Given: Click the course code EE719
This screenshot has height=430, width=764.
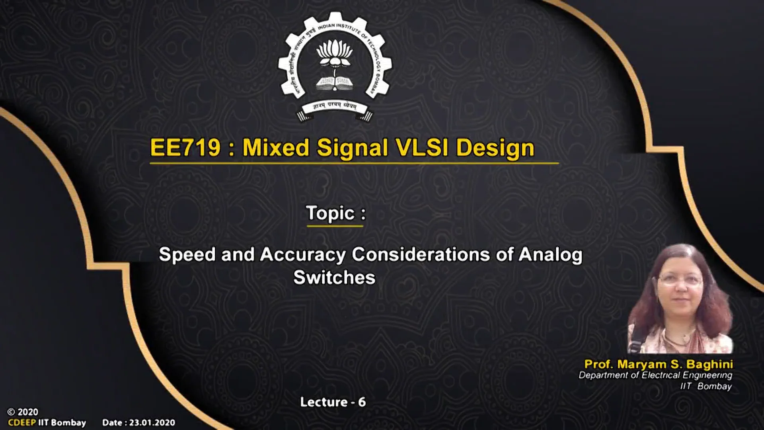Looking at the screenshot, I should coord(185,148).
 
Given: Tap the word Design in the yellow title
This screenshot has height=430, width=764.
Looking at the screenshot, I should coord(495,148).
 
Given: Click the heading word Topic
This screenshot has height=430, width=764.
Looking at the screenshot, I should coord(330,213).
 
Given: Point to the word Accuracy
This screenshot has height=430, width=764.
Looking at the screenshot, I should coord(302,255).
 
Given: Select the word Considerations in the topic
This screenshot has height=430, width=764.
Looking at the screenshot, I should coord(421,255).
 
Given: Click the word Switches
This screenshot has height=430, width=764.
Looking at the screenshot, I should coord(334,278).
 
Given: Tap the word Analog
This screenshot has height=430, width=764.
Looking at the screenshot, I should coord(550,255).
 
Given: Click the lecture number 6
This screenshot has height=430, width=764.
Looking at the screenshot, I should coord(362,402).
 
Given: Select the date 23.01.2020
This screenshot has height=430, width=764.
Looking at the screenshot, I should coord(152,423).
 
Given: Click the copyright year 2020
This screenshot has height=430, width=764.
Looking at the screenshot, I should coord(28,412).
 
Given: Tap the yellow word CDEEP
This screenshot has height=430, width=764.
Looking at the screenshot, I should coord(22,423).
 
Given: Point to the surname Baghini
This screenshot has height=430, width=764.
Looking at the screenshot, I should coord(709,364).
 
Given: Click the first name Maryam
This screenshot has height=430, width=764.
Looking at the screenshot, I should coord(641,364).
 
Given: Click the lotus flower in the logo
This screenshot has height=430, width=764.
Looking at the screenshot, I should coord(334,52).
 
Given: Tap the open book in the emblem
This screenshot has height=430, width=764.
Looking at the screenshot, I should coord(334,83).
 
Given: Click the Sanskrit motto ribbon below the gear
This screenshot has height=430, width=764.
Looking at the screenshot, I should coord(334,107).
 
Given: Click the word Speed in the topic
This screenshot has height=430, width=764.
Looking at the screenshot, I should coord(187,255).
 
